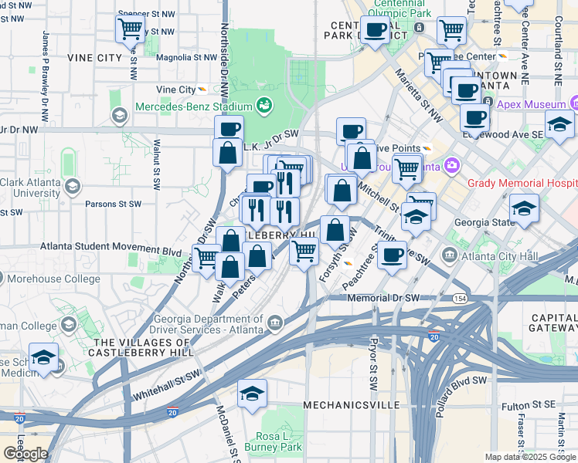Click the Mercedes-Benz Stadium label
(195, 106)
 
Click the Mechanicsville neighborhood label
(351, 404)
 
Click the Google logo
(25, 454)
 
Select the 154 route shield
(460, 299)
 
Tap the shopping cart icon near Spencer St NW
(131, 29)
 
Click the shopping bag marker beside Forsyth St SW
(335, 230)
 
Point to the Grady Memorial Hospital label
(522, 184)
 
